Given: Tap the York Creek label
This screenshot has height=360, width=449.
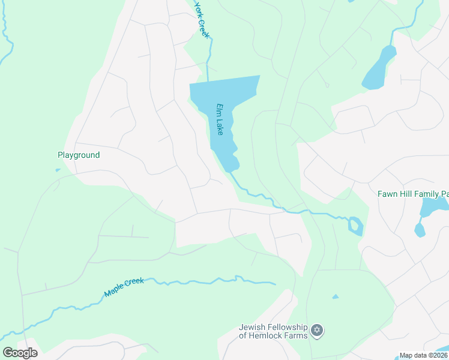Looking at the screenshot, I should pos(202,20).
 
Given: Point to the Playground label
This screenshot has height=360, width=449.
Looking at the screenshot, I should pos(79,155).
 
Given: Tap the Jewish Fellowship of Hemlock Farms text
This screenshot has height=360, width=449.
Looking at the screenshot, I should pos(273,331).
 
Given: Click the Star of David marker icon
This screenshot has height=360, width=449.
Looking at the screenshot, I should pos(318,330).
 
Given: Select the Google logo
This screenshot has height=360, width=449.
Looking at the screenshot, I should pos(20,352).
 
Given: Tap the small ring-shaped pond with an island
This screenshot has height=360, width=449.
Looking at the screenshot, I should pos(355,226).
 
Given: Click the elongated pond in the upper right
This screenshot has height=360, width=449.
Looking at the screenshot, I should pos(379,69).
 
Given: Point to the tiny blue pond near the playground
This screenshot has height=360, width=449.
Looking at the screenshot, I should pos(58,170).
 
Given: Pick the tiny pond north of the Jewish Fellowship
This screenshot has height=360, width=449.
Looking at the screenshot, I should pos(335,296).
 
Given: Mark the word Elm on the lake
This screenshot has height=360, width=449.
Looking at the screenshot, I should pos(220,110).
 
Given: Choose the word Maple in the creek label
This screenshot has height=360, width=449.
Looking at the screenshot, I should pos(115,290).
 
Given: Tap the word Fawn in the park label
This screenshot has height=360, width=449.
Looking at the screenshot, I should pos(388,194).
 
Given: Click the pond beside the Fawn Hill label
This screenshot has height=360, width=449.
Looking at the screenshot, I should pos(433,207).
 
